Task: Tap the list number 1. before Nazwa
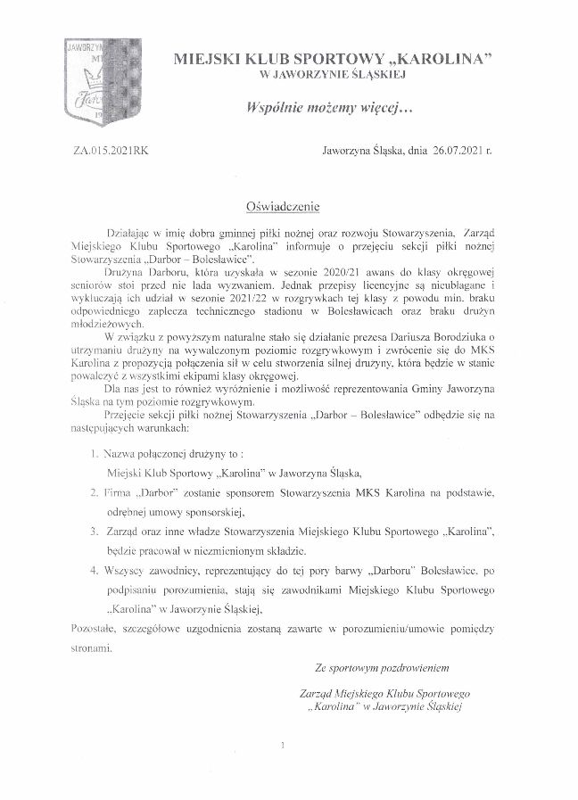pos(95,455)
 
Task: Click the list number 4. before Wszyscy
pos(95,569)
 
